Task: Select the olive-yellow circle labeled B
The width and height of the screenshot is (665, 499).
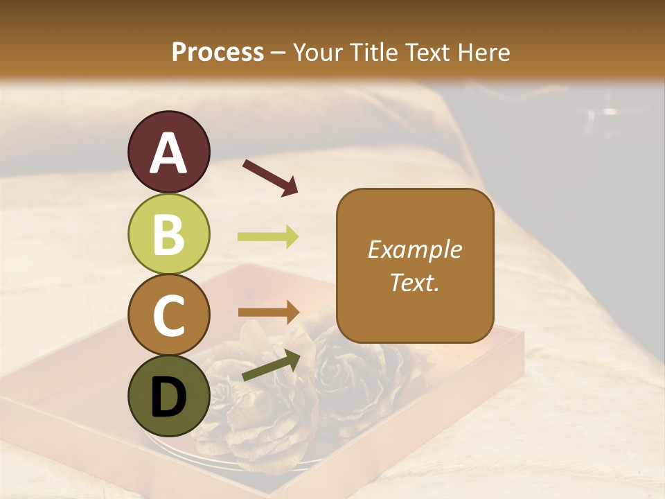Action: [169, 234]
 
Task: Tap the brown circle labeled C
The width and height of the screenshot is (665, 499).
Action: [169, 315]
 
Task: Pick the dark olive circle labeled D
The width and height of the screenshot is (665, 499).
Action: [169, 396]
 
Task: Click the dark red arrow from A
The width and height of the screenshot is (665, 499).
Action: [269, 177]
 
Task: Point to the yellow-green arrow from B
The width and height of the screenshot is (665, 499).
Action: [268, 237]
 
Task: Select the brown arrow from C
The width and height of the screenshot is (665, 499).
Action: [268, 313]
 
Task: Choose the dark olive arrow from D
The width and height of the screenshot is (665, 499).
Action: [270, 366]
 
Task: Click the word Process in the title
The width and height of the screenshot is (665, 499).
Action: [218, 53]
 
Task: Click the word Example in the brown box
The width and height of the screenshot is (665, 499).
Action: [414, 250]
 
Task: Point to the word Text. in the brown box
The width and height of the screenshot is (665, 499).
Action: [414, 282]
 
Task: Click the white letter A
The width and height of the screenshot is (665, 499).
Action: [169, 154]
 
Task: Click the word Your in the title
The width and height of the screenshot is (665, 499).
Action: [319, 53]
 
